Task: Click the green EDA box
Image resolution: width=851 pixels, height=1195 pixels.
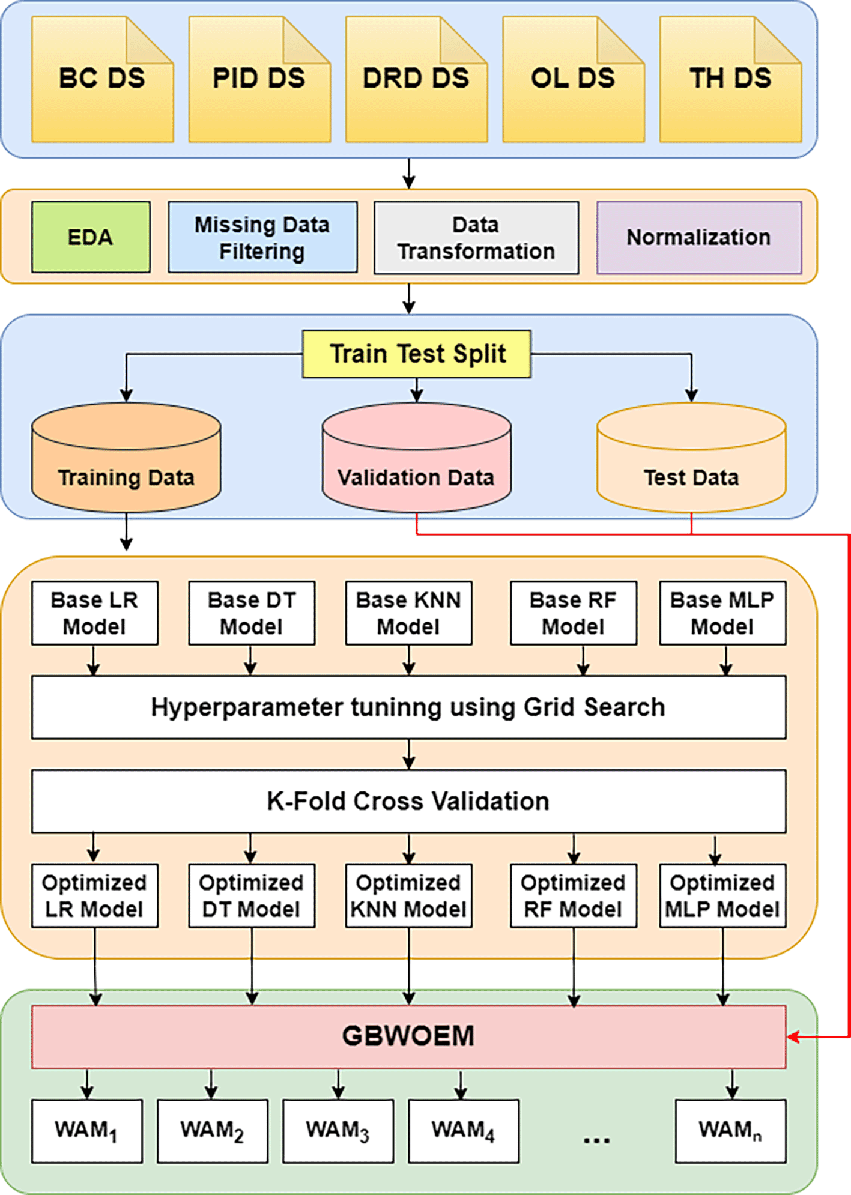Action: [91, 237]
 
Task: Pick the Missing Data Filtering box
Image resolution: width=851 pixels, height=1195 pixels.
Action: [262, 237]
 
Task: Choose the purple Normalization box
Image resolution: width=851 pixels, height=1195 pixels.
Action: [698, 237]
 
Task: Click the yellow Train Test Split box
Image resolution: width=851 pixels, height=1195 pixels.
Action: [417, 354]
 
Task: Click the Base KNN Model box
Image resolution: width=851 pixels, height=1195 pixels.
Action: [408, 613]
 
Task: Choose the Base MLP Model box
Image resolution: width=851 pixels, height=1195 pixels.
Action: [722, 613]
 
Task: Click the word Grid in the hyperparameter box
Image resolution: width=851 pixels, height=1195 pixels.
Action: [548, 707]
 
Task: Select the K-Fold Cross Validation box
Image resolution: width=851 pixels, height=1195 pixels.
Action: [408, 801]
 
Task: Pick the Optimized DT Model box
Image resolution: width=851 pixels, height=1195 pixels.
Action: [252, 896]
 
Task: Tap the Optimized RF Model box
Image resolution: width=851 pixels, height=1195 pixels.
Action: [574, 896]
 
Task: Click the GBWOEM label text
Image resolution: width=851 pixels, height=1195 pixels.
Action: [408, 1036]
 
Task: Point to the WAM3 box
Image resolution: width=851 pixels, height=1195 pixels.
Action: [338, 1131]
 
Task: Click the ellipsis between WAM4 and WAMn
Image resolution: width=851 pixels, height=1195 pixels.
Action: [596, 1139]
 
